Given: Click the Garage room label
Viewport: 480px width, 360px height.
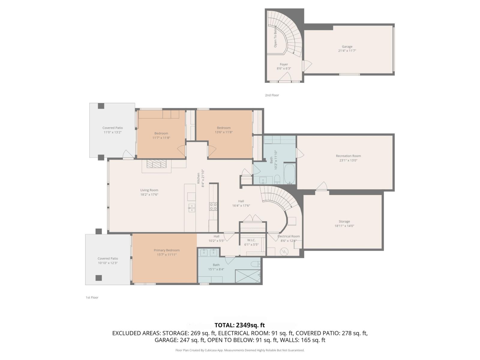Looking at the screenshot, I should pos(347,46).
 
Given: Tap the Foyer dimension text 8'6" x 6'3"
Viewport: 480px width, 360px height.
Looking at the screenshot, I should pos(284,68).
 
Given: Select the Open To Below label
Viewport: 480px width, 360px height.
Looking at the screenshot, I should pos(275,36).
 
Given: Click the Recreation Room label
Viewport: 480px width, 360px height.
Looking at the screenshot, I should pos(348,156).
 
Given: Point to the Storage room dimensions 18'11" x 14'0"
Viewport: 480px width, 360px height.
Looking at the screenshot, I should pos(344,226).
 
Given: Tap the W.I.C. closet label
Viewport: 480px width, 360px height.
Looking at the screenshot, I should pos(251,240).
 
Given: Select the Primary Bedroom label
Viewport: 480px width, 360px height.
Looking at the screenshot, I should pos(166,250).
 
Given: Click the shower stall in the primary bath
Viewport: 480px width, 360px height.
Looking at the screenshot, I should pos(247,276).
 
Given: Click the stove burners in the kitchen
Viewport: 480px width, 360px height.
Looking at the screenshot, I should pos(213,206).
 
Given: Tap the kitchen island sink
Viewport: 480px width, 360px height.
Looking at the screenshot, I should pos(191,208).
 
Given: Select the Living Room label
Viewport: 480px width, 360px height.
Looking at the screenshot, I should pos(149,190).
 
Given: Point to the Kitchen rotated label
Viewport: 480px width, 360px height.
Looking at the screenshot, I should pos(198,178).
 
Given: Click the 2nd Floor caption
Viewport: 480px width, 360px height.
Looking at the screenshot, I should pos(272,95).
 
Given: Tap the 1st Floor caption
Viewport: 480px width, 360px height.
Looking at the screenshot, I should pos(92,297).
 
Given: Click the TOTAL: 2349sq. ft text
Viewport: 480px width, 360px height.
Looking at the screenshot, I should pos(239,325).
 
